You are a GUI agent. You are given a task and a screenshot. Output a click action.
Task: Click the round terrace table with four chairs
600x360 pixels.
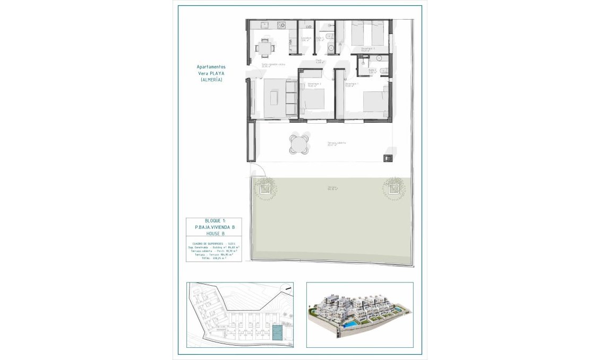coord(298,143)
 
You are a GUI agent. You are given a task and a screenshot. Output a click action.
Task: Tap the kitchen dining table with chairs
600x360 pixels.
coord(264,48)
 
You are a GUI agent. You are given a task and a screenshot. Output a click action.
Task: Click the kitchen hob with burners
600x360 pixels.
coord(281,25)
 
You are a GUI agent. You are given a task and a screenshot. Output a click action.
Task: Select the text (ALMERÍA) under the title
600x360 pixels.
coord(211,79)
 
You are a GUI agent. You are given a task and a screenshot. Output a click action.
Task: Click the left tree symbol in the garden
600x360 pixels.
coord(264,187)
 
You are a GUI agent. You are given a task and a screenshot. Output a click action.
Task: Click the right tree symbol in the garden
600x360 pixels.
coord(394,187)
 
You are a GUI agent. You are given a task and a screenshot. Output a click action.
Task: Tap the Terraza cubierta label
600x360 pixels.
coord(337,143)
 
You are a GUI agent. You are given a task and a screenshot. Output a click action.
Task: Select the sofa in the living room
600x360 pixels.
coord(290,98)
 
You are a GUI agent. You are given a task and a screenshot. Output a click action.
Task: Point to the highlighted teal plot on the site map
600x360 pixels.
coord(277,332)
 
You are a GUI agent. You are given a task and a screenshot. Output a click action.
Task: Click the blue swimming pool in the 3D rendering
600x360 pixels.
coord(349,323)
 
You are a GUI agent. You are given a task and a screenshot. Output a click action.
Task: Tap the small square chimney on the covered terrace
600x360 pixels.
coord(388,157)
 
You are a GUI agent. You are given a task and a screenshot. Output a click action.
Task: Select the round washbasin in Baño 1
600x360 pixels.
coord(330,47)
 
